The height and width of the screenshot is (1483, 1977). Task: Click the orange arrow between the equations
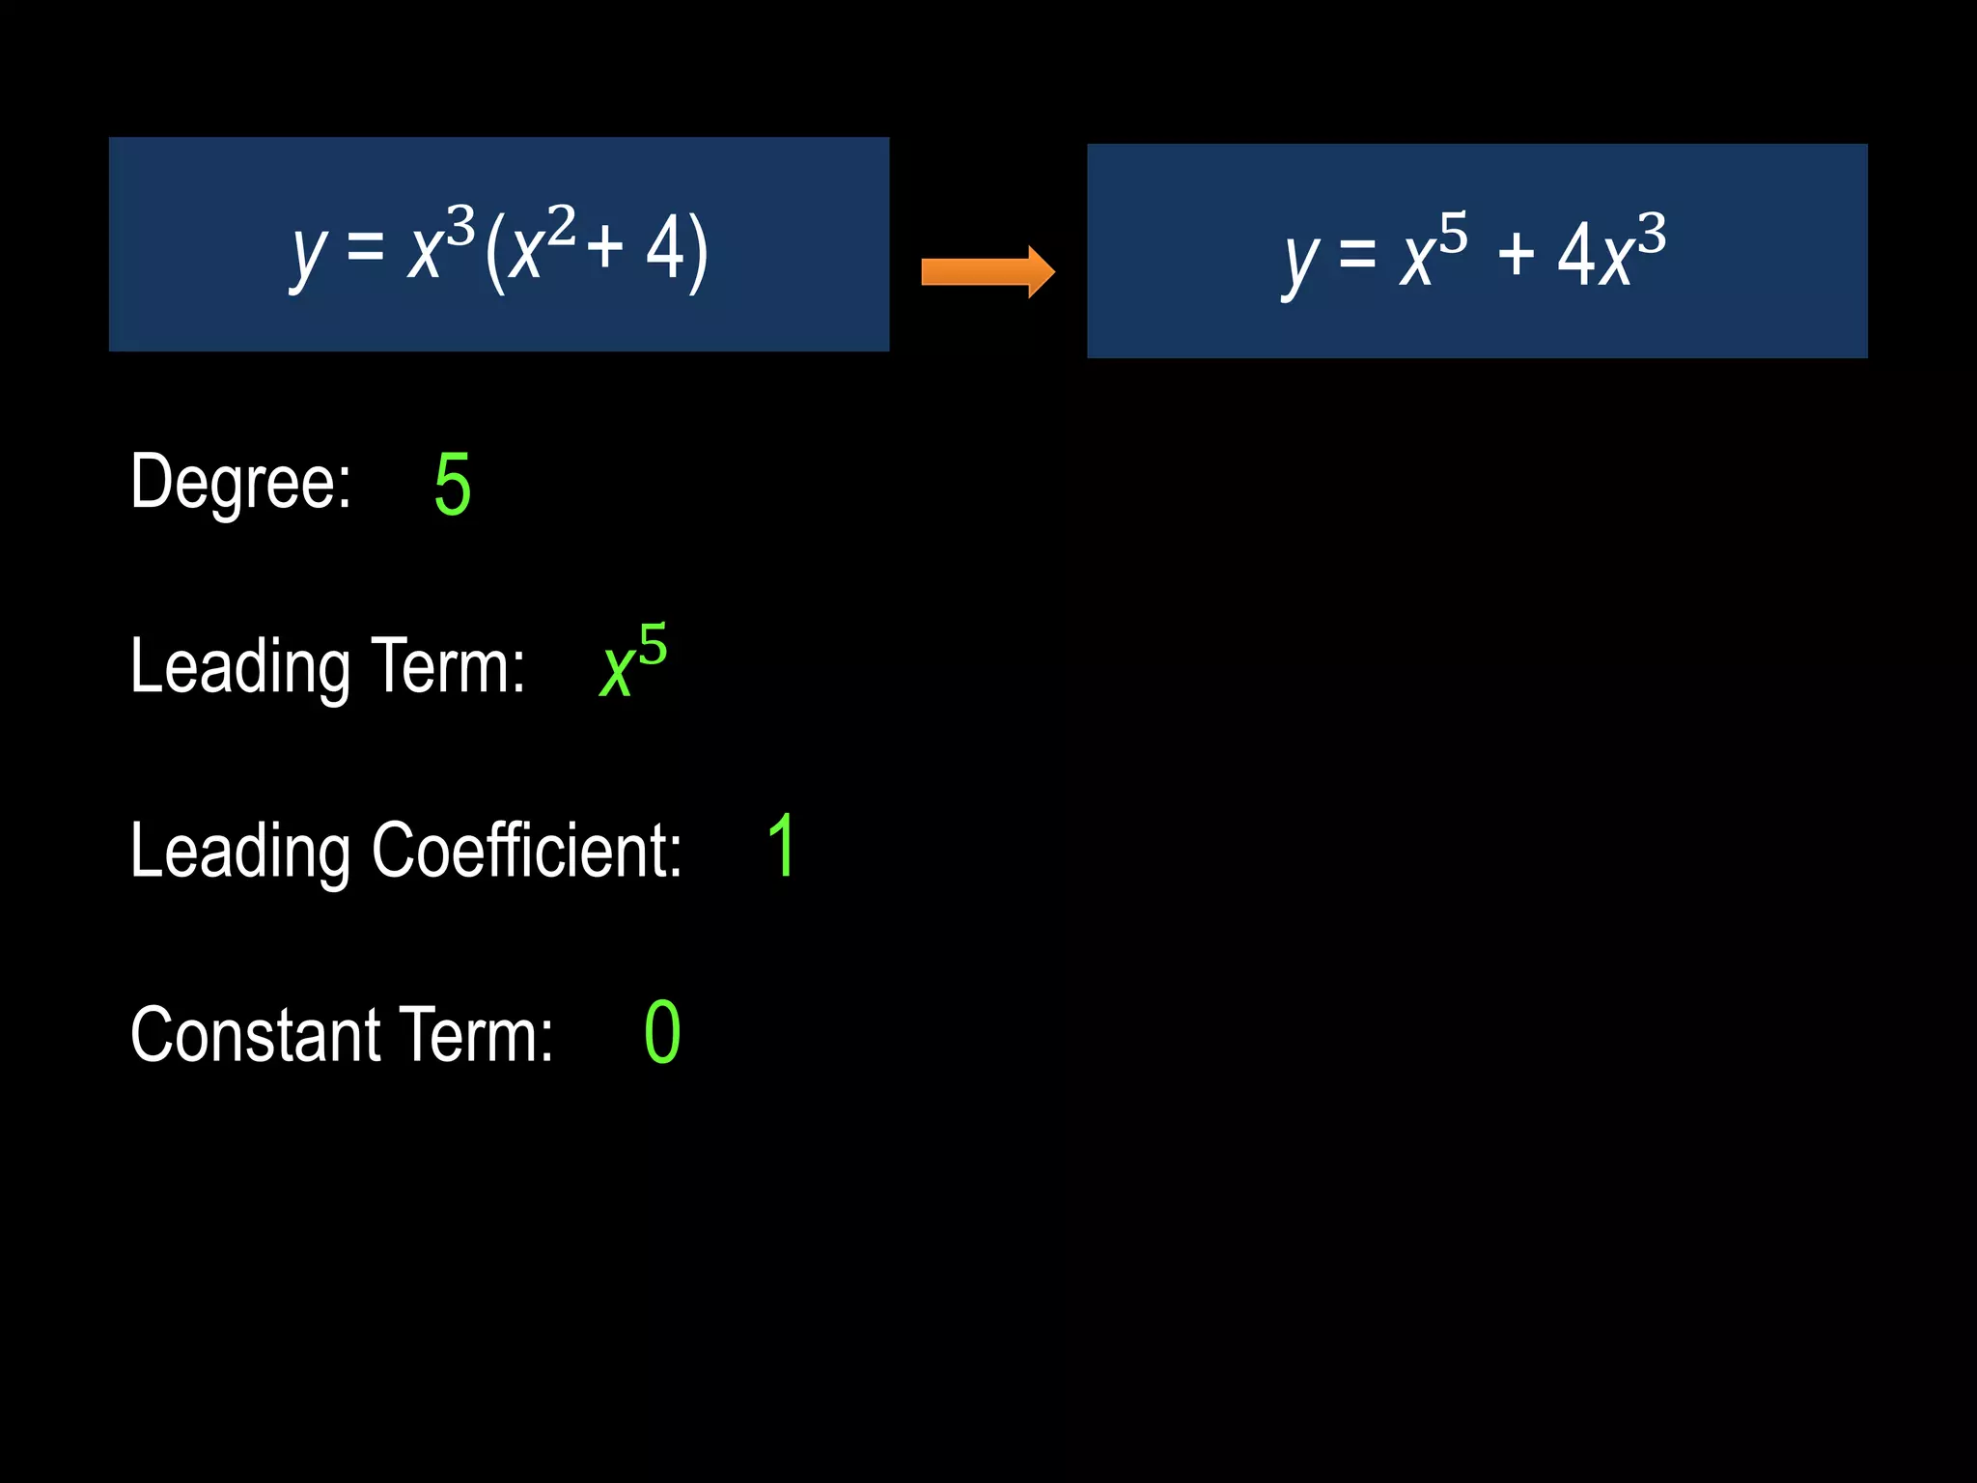coord(988,271)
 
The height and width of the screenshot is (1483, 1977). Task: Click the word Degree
coord(240,482)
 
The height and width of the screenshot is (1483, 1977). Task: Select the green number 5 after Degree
coord(453,485)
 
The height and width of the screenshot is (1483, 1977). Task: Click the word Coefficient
coord(527,851)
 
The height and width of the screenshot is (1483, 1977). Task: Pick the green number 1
coord(782,847)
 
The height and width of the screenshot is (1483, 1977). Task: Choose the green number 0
coord(662,1033)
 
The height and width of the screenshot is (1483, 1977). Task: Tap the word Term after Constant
coord(476,1035)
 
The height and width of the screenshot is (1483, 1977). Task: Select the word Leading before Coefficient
coord(240,853)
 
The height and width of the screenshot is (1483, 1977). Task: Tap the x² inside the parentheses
coord(542,245)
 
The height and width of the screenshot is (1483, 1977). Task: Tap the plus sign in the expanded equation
coord(1516,255)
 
